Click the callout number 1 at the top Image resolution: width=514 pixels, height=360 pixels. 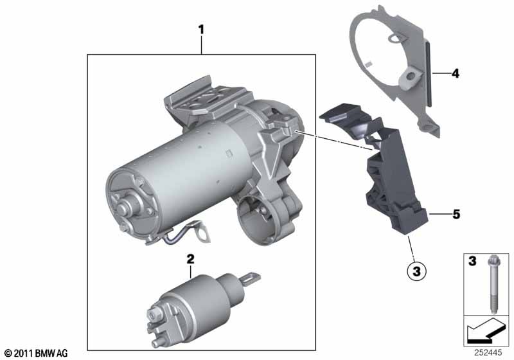[201, 29]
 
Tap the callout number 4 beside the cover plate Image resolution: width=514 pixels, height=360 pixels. [455, 74]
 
